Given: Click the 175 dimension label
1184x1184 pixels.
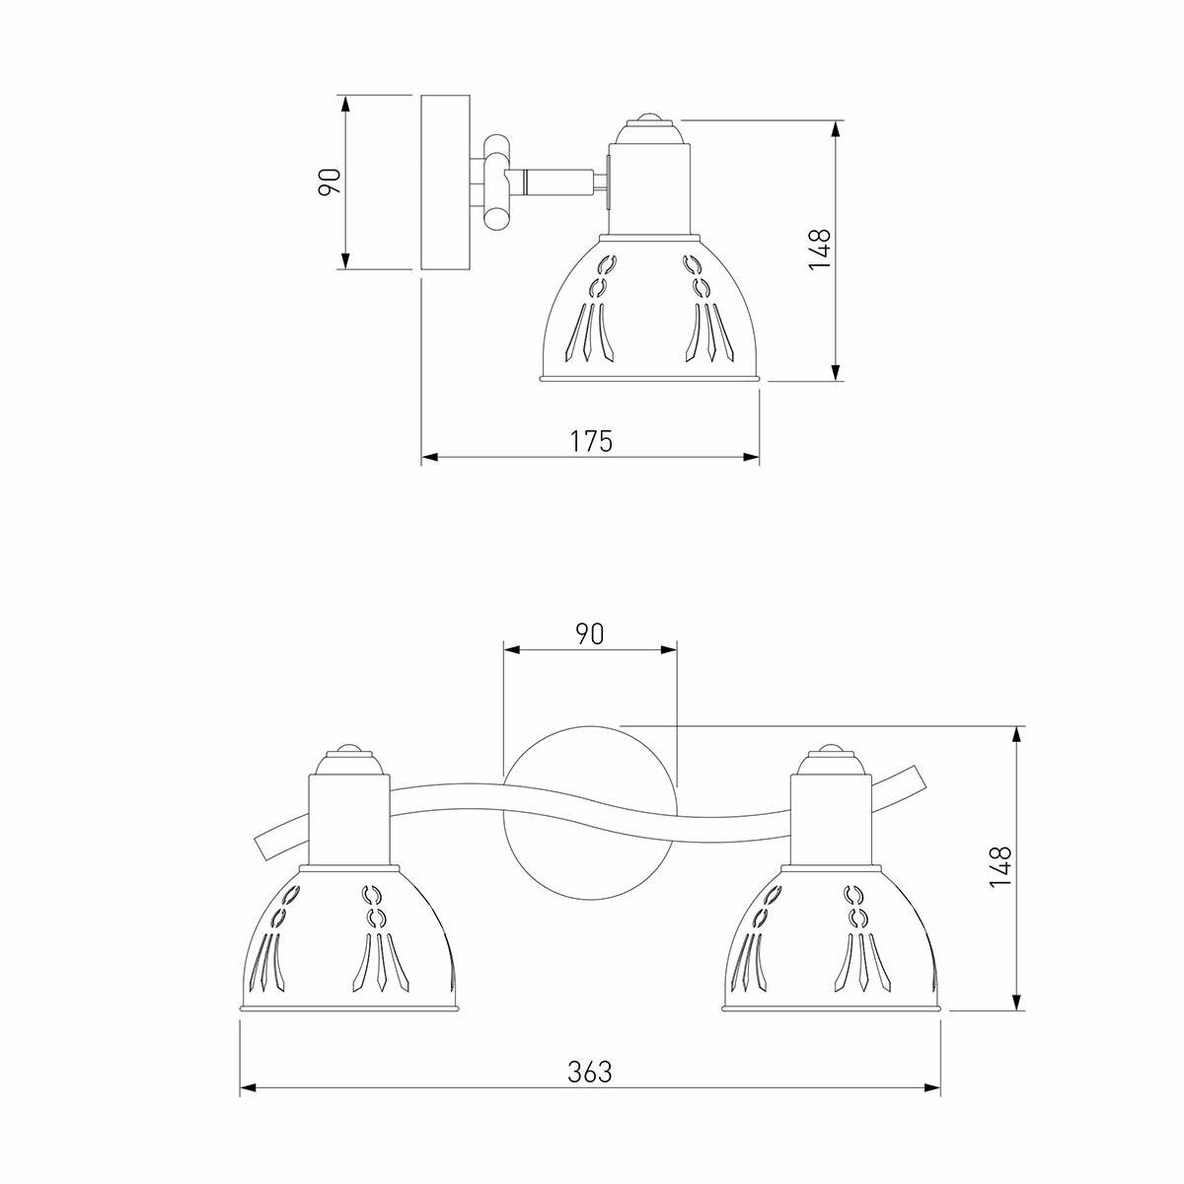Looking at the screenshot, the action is pos(591,441).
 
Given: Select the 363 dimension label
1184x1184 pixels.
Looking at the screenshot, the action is pos(590,1073).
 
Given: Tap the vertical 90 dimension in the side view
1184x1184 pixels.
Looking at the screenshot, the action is pos(330,182).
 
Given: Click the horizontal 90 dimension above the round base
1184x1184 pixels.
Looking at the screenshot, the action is pos(590,634).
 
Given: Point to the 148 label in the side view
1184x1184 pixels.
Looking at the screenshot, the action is pos(820,249).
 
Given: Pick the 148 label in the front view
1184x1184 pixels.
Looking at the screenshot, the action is pos(1000,867).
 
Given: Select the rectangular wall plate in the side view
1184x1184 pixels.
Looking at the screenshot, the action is pos(445,183).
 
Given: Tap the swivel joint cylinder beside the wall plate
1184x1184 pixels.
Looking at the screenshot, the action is pos(496,184).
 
